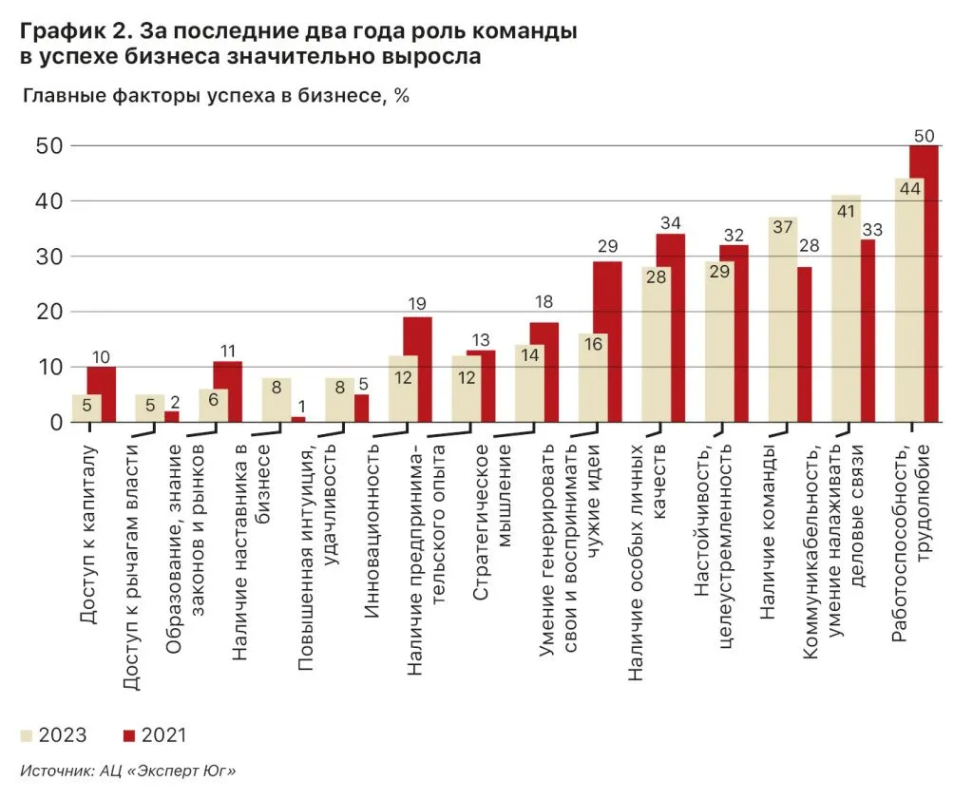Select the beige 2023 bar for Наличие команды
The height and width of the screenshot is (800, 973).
(x=782, y=323)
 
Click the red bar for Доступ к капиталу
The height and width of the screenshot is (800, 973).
(x=102, y=394)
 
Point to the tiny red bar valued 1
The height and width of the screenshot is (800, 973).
(x=298, y=419)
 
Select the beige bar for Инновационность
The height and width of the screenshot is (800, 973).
(x=339, y=400)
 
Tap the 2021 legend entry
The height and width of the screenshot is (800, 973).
(x=154, y=735)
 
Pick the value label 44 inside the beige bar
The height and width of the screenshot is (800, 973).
(x=909, y=188)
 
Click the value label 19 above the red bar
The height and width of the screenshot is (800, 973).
(x=418, y=305)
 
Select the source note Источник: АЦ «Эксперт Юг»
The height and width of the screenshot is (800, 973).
(x=127, y=771)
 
